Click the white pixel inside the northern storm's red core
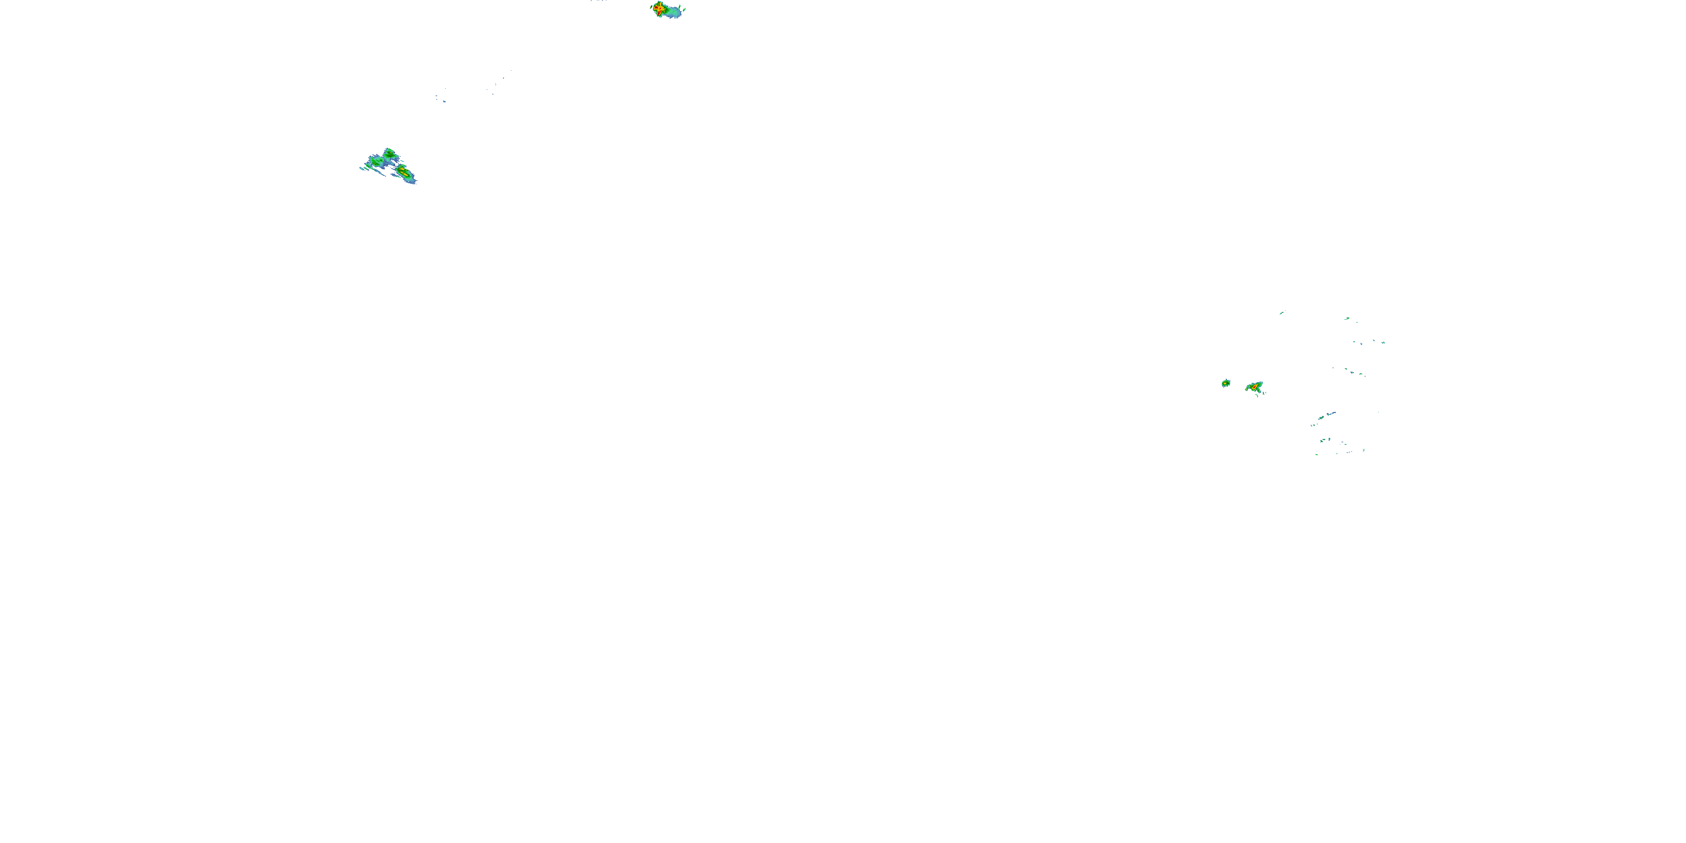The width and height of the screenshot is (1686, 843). click(x=659, y=13)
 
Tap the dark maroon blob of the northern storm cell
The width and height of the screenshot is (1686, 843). click(x=656, y=7)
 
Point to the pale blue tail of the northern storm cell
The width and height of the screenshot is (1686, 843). click(x=675, y=13)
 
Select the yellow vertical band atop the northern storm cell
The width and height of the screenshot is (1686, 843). click(x=660, y=4)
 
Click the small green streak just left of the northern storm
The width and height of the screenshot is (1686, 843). click(x=651, y=7)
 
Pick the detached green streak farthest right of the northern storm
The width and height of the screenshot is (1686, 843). click(x=685, y=10)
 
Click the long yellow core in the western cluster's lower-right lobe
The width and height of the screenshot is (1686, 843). click(x=405, y=174)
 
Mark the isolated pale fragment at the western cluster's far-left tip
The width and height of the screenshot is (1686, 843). click(x=362, y=169)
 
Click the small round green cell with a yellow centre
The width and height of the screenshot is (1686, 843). click(x=1226, y=383)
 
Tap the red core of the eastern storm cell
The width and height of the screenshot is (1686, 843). click(x=1255, y=387)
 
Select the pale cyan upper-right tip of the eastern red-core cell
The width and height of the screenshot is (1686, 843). click(x=1262, y=383)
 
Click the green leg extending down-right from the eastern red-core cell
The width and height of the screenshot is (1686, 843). click(x=1259, y=391)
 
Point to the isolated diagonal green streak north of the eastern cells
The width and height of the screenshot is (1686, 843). click(x=1281, y=314)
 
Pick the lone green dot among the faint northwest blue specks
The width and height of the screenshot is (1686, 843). click(x=446, y=89)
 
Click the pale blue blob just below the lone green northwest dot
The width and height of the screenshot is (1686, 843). click(x=445, y=102)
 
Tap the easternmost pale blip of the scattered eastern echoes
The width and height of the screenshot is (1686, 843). click(x=1384, y=343)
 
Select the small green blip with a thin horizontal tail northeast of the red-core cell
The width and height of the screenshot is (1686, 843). click(x=1348, y=319)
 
